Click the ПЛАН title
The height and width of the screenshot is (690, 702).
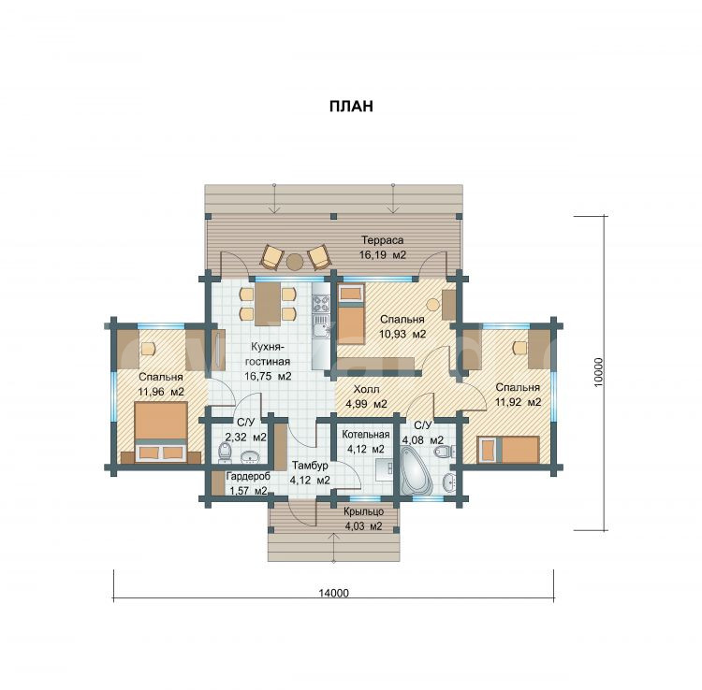pos(351,106)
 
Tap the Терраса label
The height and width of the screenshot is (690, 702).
pos(382,240)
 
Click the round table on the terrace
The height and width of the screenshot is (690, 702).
pos(295,262)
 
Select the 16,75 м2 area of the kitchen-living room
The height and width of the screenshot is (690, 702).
pos(268,376)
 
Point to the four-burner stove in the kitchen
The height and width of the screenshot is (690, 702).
pos(320,304)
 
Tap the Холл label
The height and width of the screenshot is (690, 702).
pos(366,389)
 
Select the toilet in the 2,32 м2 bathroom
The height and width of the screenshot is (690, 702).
pos(225,453)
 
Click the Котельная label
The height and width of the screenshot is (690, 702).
pos(366,434)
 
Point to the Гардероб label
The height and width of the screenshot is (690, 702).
pos(248,476)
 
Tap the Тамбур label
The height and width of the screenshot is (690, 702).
pos(310,466)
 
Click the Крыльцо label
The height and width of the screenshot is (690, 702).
pos(363,511)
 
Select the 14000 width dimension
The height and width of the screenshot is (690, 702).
pos(333,593)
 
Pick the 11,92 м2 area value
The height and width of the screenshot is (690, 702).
pos(518,402)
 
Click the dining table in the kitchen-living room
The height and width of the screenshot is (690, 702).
pos(268,304)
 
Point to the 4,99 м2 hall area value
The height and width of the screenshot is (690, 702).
pos(366,404)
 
